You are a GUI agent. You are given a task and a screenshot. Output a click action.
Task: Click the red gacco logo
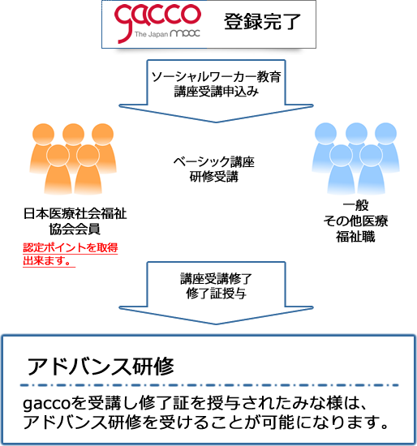point(157,24)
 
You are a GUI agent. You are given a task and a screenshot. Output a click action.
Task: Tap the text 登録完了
point(262,22)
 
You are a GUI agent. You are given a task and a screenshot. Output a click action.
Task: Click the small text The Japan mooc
point(167,34)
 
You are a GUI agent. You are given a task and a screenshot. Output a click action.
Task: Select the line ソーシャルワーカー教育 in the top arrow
point(217,77)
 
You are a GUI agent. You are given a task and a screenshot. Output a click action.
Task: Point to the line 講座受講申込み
point(217,92)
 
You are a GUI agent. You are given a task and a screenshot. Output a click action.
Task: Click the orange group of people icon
point(73,159)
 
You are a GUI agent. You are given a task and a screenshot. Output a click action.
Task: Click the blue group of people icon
point(356,159)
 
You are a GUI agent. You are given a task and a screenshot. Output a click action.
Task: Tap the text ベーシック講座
point(213,162)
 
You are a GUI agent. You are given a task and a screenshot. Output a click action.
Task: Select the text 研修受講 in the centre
point(213,177)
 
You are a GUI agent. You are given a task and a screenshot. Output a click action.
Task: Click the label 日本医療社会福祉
point(75,213)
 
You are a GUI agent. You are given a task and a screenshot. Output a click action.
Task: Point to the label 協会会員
point(75,229)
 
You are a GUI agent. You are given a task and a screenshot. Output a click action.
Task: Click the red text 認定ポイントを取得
point(71,247)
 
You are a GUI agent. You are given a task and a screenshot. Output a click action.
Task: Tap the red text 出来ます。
point(47,260)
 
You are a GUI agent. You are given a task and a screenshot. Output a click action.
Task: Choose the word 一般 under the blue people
point(356,205)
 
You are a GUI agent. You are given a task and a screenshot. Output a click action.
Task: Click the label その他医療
point(355,221)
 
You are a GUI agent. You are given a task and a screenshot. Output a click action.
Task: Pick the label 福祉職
point(355,236)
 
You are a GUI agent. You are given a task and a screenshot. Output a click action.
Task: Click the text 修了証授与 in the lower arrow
point(216,294)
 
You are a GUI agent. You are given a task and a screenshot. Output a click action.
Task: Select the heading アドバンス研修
point(101,367)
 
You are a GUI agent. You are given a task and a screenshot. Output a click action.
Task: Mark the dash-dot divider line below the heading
point(209,385)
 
